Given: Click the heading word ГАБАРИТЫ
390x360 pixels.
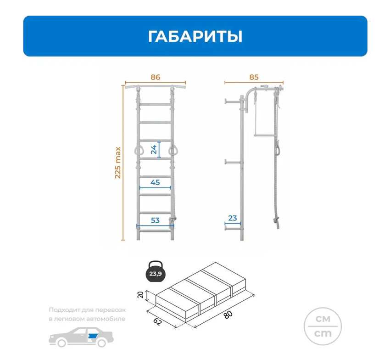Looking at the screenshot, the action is (x=195, y=36).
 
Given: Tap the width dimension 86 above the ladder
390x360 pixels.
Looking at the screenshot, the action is (x=155, y=77).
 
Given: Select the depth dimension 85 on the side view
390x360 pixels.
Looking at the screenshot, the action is (x=254, y=77).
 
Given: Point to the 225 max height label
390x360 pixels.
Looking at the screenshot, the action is (x=117, y=163).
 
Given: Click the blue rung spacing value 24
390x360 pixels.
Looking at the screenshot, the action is (x=154, y=150).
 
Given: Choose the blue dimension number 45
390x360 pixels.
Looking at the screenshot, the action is (x=155, y=182).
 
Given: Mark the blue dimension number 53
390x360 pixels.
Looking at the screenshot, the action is (x=155, y=220).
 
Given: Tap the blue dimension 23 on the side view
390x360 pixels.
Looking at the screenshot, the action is (x=233, y=218).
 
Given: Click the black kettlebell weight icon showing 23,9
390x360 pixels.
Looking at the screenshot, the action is (x=156, y=272).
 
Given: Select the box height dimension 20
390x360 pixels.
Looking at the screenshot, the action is (x=140, y=295).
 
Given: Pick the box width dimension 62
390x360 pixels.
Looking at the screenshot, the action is (x=157, y=322).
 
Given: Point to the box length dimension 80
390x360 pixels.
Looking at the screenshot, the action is (x=228, y=315).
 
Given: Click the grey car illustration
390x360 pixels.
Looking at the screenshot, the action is (x=81, y=337).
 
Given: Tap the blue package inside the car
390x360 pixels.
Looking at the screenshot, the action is (x=93, y=336).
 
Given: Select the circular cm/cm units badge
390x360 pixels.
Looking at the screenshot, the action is (x=323, y=326).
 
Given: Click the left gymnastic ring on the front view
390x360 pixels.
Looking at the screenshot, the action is (x=138, y=150).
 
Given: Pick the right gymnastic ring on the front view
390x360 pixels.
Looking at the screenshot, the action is (x=173, y=150).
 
